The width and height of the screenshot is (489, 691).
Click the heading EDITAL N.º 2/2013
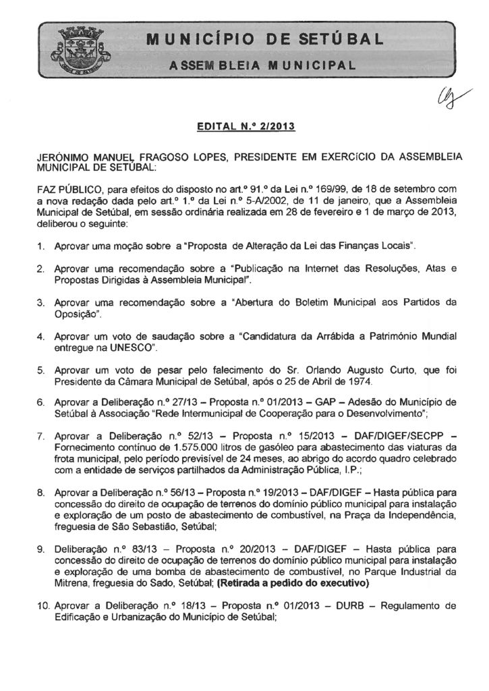coord(244,126)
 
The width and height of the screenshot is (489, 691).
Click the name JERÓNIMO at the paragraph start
coord(64,157)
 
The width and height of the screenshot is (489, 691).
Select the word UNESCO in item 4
coord(131,347)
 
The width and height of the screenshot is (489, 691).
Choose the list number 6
coord(40,403)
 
